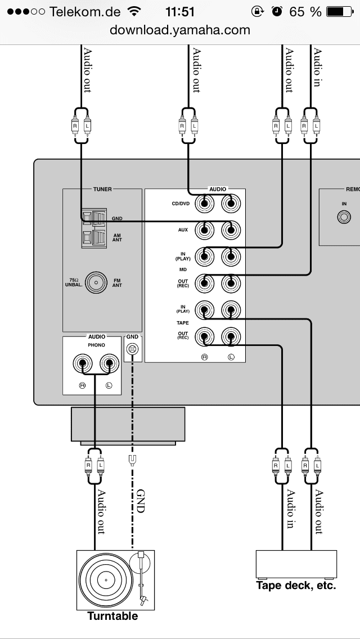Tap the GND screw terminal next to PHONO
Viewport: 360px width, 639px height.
(x=132, y=349)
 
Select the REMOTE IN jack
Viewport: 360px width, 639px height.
(x=344, y=218)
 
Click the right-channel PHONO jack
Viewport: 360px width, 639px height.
(x=84, y=364)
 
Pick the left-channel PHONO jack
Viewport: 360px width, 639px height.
(x=109, y=364)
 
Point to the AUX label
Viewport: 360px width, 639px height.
(x=182, y=229)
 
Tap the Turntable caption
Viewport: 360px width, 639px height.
(x=112, y=616)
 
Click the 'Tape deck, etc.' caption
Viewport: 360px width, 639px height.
(x=296, y=586)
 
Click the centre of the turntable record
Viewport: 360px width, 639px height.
(x=105, y=579)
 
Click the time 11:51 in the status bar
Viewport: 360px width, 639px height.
(x=180, y=11)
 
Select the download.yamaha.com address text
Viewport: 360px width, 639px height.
(x=180, y=30)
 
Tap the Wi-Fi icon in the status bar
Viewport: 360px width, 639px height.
(x=134, y=11)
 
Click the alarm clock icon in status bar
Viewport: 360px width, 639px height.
(x=277, y=11)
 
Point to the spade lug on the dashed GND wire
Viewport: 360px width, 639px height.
(x=132, y=460)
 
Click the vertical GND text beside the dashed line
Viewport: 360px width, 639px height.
(x=141, y=501)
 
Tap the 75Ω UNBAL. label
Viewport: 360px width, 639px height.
(x=73, y=282)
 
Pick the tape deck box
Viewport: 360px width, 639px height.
(x=296, y=564)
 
